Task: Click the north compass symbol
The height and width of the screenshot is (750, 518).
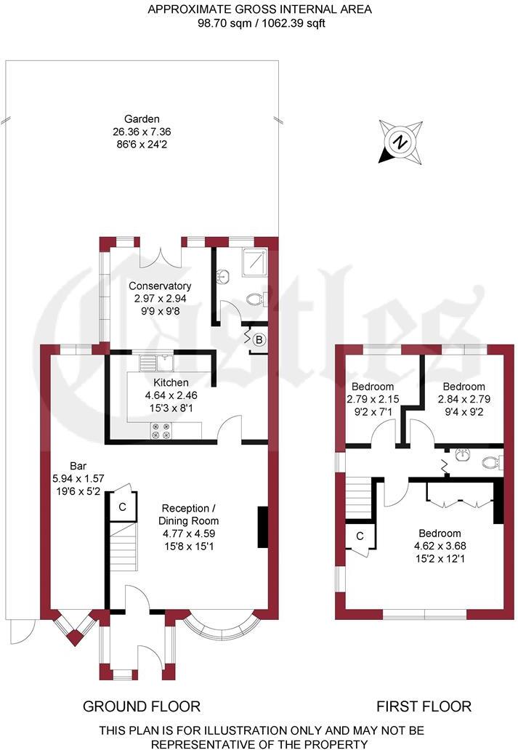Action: [399, 142]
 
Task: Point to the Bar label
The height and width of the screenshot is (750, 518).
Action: [78, 477]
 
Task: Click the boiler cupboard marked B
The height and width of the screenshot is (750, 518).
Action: [258, 339]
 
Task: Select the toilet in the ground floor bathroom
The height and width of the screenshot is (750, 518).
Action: [256, 299]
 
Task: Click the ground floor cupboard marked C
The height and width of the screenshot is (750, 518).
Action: [122, 507]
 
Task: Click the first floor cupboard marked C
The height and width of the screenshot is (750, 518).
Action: [360, 536]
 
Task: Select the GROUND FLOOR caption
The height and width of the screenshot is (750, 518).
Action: [141, 706]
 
